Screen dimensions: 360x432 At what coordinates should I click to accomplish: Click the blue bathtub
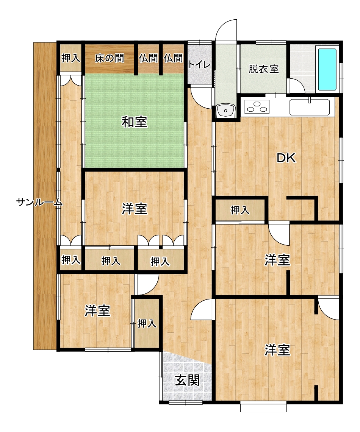click(x=327, y=69)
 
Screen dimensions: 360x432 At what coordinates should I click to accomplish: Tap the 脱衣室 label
click(x=263, y=69)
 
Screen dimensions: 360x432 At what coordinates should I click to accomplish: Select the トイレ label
click(x=199, y=65)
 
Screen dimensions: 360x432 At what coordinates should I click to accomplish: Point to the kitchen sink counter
click(x=309, y=107)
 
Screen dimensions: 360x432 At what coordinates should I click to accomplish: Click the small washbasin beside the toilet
click(x=225, y=111)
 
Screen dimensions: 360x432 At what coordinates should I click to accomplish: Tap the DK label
click(x=286, y=158)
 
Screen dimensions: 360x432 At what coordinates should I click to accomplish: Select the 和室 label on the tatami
click(x=135, y=122)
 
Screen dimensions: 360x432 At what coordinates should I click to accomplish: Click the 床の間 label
click(x=110, y=58)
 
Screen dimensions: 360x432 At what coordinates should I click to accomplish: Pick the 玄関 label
click(x=188, y=381)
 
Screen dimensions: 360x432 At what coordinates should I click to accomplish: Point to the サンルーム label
click(x=39, y=203)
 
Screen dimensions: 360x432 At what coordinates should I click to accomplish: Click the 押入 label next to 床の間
click(x=70, y=58)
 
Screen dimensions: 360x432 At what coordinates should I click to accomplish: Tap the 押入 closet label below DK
click(x=240, y=210)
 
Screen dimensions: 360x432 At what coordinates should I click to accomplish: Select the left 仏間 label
click(x=148, y=58)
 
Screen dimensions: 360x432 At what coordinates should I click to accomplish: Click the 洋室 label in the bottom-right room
click(x=277, y=350)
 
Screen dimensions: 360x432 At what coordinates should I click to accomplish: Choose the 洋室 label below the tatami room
click(x=135, y=209)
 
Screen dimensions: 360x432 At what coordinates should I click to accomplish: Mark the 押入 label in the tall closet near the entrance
click(x=147, y=323)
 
